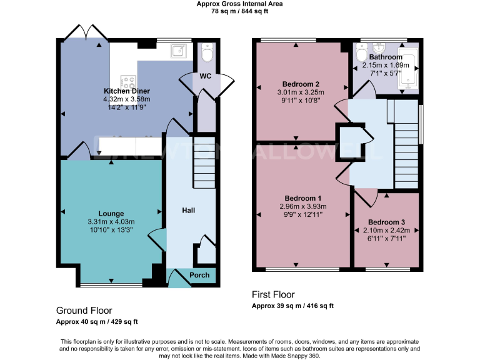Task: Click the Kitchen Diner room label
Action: (127, 91)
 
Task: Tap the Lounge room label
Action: (111, 214)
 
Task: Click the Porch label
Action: (199, 276)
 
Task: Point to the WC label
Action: (205, 76)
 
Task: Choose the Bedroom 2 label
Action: (301, 84)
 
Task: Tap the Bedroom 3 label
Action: (386, 222)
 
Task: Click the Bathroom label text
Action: (386, 57)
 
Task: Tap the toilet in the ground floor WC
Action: (207, 54)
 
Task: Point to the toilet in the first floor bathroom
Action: (361, 56)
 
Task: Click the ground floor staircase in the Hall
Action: (202, 159)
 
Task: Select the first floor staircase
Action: (406, 144)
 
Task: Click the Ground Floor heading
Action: (84, 310)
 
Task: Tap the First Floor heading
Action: (273, 294)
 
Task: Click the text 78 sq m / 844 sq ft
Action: (240, 11)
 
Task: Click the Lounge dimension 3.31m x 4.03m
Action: (111, 222)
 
